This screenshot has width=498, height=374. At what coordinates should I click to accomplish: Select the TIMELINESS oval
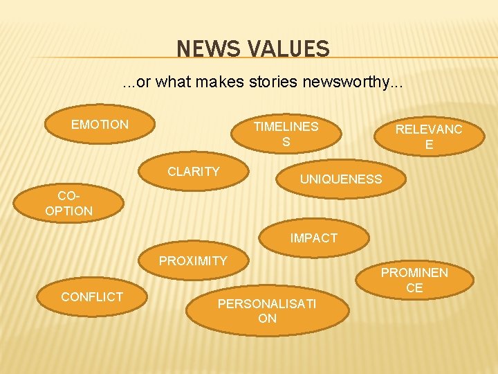point(286,134)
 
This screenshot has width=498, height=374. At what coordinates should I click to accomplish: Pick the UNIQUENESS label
point(340,179)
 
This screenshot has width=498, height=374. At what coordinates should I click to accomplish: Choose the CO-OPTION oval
point(68,204)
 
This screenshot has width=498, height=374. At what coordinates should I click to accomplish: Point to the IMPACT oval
point(314,238)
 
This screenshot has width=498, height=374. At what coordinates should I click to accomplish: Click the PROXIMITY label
point(193,261)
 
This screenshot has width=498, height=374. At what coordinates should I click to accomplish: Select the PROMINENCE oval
point(414,280)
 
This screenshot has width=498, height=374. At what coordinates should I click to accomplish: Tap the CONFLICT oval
point(92,297)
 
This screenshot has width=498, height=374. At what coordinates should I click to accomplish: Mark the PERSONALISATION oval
point(267,311)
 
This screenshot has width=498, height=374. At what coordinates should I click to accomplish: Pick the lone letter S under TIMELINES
point(286,142)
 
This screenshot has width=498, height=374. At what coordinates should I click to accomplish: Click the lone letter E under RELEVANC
point(429,145)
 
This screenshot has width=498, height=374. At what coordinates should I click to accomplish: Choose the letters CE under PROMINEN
point(414,288)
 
